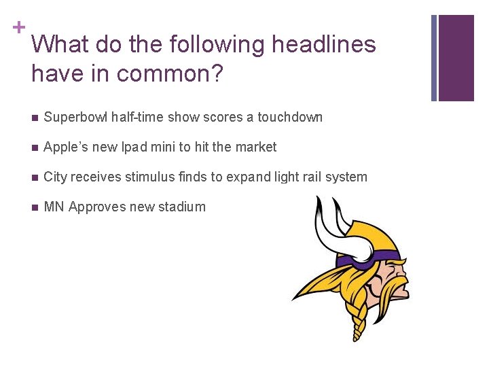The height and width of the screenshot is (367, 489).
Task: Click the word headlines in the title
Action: (323, 45)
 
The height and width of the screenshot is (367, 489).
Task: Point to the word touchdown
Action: (291, 117)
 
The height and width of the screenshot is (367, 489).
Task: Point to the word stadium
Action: (183, 207)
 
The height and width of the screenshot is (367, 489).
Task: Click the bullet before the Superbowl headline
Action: (33, 118)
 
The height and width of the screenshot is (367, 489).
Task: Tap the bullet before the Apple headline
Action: (33, 147)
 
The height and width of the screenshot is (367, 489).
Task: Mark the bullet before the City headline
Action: (33, 177)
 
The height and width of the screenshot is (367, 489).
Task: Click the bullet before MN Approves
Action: (33, 207)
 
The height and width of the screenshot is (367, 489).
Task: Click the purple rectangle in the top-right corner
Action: (456, 58)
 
